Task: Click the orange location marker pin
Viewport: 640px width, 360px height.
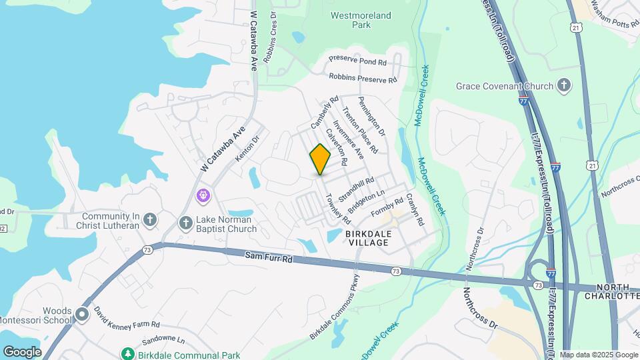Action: [x=320, y=159]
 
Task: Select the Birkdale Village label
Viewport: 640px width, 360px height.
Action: [x=367, y=238]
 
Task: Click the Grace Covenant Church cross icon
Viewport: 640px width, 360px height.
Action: [x=565, y=85]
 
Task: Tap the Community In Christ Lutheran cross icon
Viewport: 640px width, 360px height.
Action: [x=151, y=219]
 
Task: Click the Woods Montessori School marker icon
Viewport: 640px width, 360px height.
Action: [x=82, y=313]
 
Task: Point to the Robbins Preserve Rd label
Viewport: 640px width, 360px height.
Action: [x=363, y=78]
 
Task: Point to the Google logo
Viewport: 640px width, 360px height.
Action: [x=22, y=351]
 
